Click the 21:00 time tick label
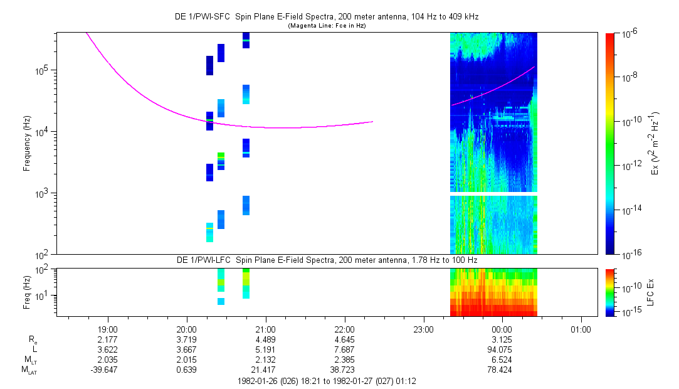[x=266, y=329]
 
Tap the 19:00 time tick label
[x=108, y=329]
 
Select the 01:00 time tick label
[x=581, y=329]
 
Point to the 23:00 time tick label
[x=424, y=329]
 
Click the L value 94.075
[x=502, y=349]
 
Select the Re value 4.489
[x=266, y=339]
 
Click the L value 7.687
[x=345, y=349]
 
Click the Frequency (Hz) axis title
[x=27, y=143]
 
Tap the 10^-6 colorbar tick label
[x=629, y=34]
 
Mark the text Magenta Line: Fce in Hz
[x=327, y=26]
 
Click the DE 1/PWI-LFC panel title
[x=327, y=260]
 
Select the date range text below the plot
[x=327, y=381]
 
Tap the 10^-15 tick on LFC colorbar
[x=629, y=312]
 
